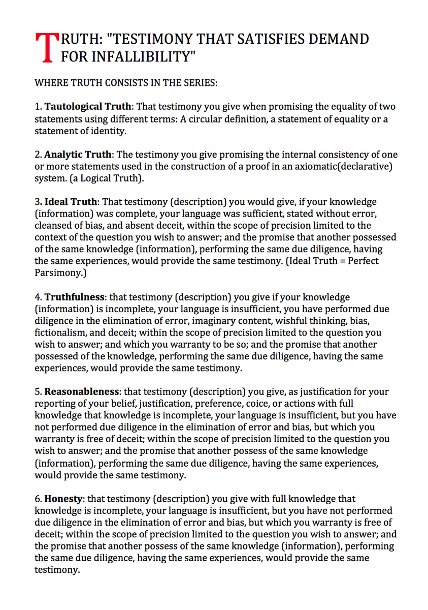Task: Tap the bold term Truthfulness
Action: (75, 296)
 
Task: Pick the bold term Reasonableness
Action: (82, 392)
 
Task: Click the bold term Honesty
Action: (63, 499)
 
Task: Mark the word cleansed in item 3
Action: (53, 225)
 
